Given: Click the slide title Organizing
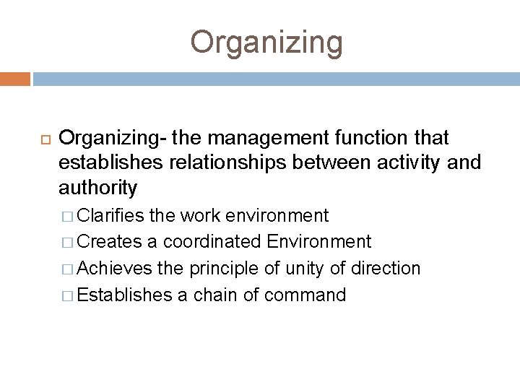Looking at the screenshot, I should [267, 42].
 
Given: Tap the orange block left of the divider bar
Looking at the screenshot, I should [15, 77].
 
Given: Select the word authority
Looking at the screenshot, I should [98, 188].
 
